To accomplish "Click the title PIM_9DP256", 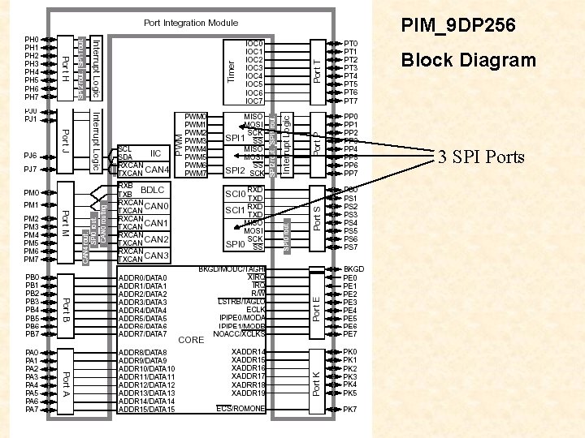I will [457, 27].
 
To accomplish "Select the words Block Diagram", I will [469, 60].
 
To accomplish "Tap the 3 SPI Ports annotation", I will [481, 157].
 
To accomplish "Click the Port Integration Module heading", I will [191, 23].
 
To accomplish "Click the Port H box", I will [65, 68].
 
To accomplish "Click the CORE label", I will [191, 340].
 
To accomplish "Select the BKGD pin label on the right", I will [354, 268].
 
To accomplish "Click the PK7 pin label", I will [351, 410].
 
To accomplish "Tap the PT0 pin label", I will [351, 44].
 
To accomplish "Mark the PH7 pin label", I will [32, 97].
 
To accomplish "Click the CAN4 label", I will [158, 170].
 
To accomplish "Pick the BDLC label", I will [153, 190].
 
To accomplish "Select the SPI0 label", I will [234, 243].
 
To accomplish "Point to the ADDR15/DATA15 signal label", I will [146, 410].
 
